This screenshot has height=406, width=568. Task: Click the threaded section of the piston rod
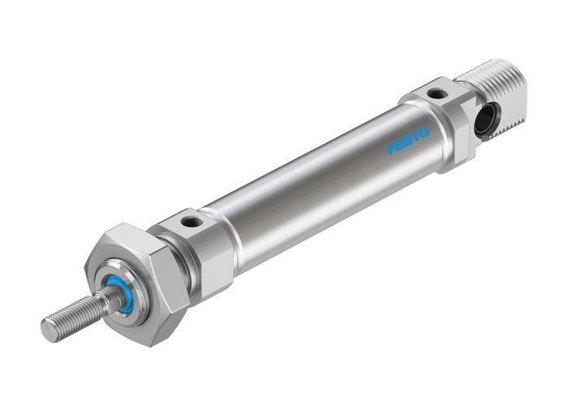73,317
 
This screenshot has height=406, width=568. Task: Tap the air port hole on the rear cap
436,94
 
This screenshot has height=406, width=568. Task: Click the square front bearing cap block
199,244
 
